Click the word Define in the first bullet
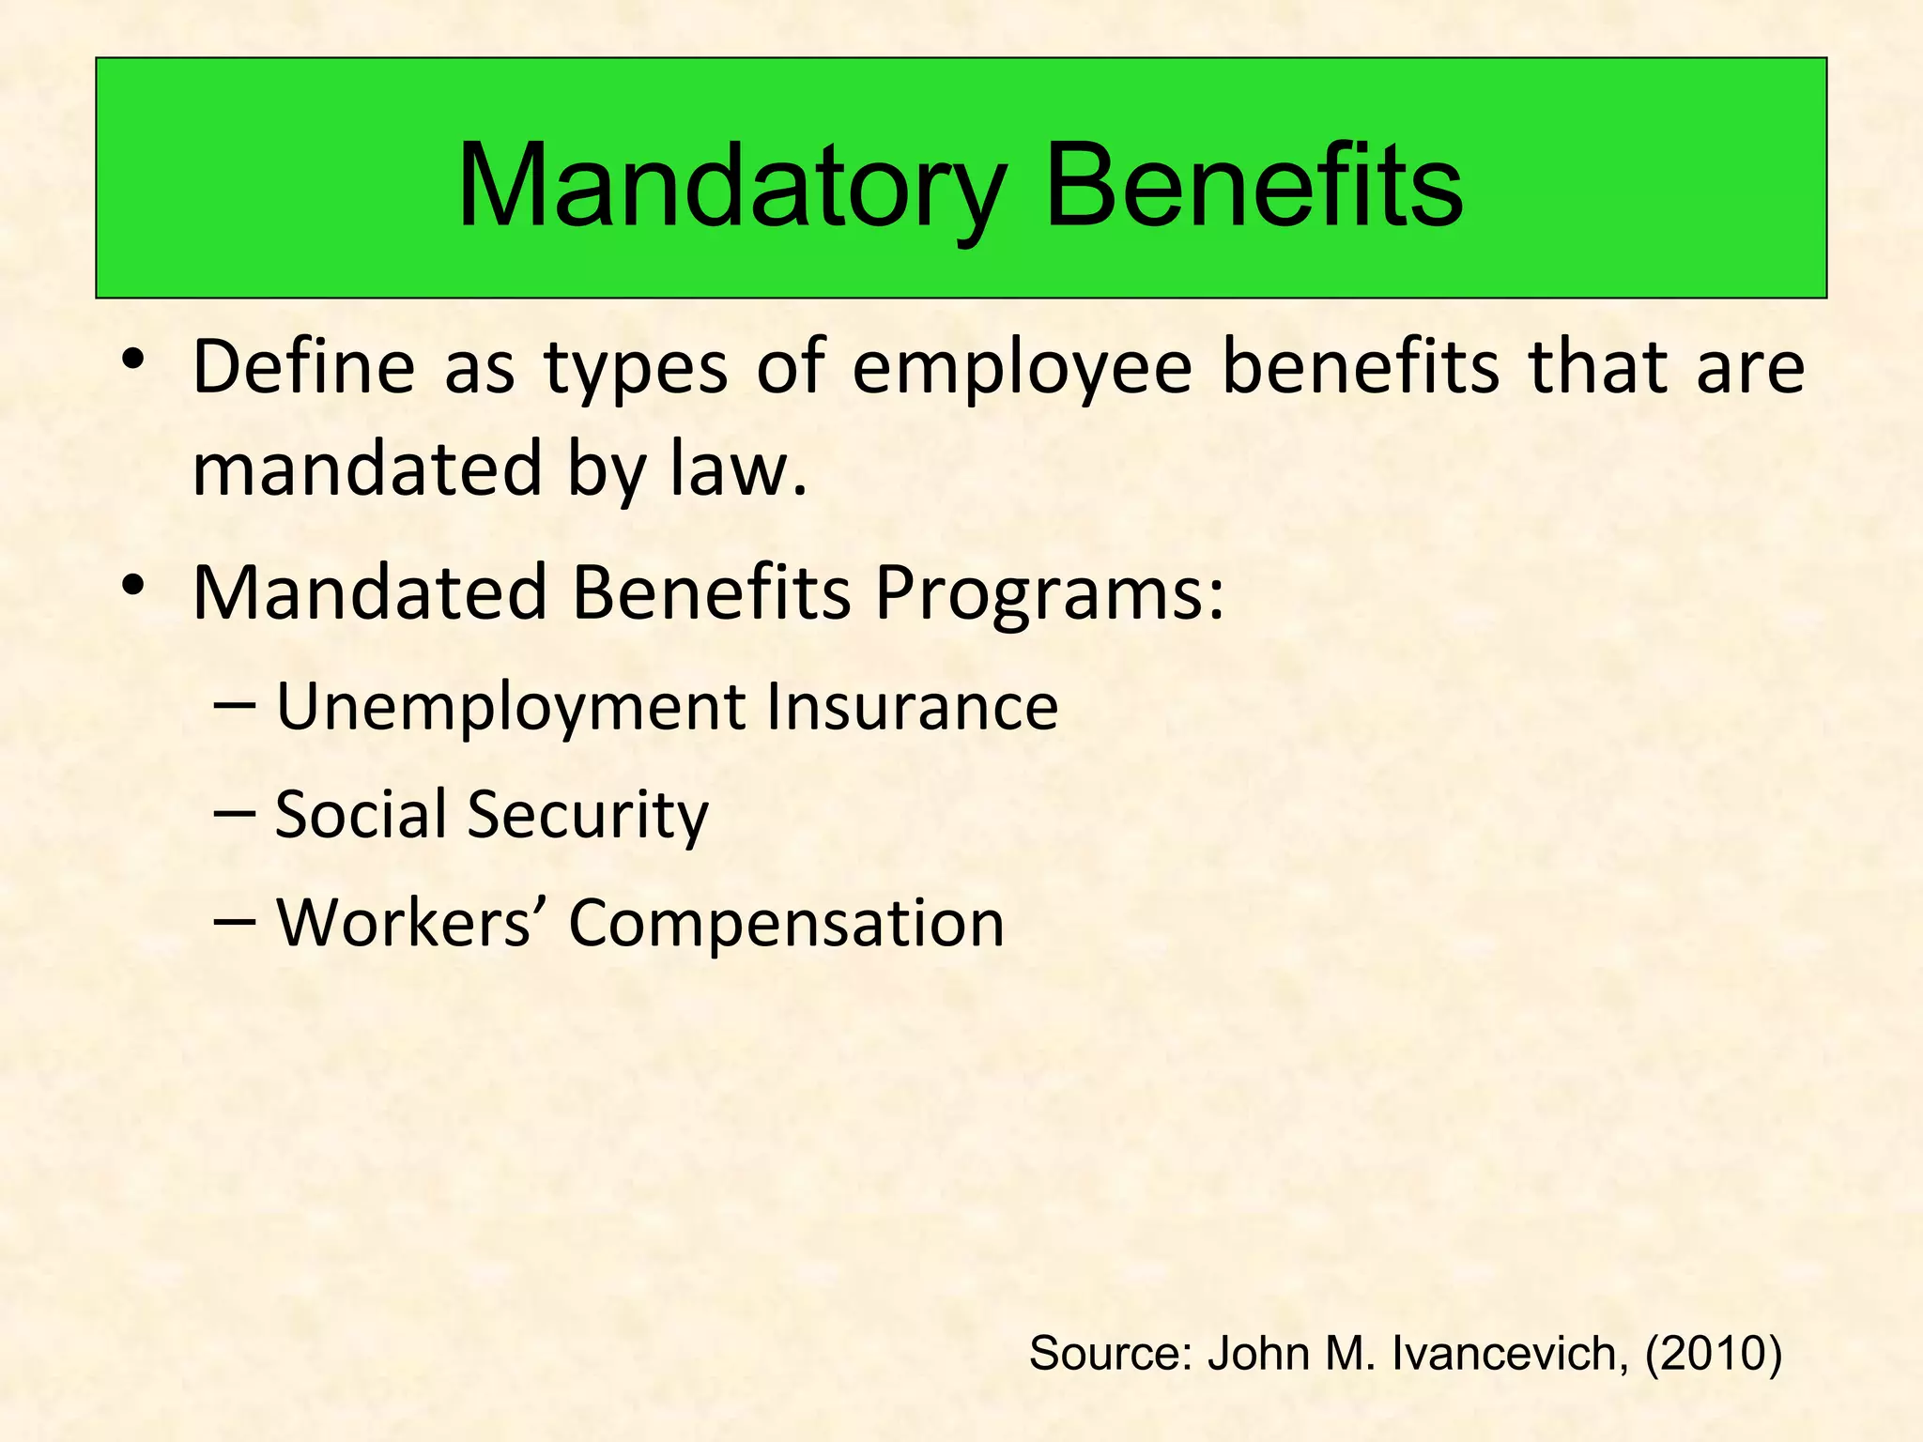303,366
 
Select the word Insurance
912,706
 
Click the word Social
361,813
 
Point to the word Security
588,815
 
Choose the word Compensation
787,924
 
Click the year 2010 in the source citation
1713,1354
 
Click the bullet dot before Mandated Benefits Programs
132,585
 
